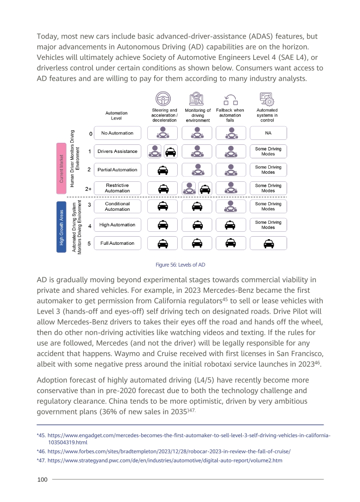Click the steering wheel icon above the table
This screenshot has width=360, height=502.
[163, 98]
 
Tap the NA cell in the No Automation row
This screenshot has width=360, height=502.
[268, 133]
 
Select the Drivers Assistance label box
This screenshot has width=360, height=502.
[117, 151]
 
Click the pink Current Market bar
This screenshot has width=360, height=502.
[61, 168]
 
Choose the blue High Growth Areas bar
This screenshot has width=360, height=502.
[61, 227]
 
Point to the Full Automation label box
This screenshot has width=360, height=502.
[117, 243]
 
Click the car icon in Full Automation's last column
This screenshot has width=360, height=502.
[269, 244]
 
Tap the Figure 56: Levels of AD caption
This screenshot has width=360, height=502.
[180, 265]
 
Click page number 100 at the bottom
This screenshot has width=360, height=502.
[42, 479]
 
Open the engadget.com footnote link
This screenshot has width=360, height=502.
[189, 439]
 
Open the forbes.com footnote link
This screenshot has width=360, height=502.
[169, 452]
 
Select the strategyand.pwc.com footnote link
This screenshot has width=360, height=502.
[165, 461]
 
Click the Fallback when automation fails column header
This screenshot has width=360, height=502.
[230, 115]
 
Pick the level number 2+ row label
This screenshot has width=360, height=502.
[88, 189]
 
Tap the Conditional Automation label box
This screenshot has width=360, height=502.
[117, 206]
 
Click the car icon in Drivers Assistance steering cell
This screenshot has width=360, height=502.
[171, 152]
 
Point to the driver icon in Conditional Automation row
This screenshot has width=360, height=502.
[231, 206]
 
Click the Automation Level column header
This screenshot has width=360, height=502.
[116, 115]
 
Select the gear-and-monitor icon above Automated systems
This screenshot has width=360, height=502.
[267, 99]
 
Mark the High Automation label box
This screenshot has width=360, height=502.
[117, 225]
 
